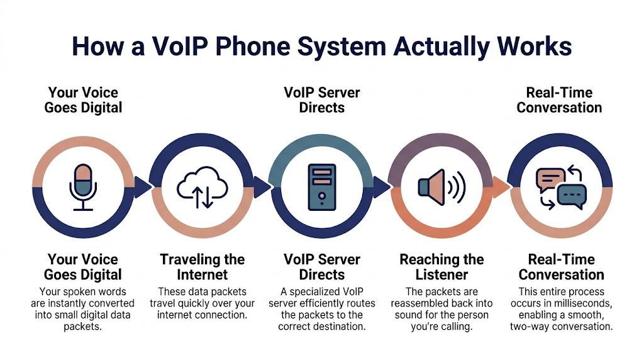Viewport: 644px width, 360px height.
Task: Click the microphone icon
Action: click(83, 186)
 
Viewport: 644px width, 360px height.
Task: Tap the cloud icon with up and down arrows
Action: click(203, 186)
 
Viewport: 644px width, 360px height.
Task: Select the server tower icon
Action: click(322, 186)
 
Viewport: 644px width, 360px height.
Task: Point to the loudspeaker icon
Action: click(441, 186)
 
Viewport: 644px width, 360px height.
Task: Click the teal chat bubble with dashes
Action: click(571, 196)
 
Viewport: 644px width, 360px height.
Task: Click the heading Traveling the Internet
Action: click(203, 267)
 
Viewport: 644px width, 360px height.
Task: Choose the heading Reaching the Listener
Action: click(441, 267)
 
